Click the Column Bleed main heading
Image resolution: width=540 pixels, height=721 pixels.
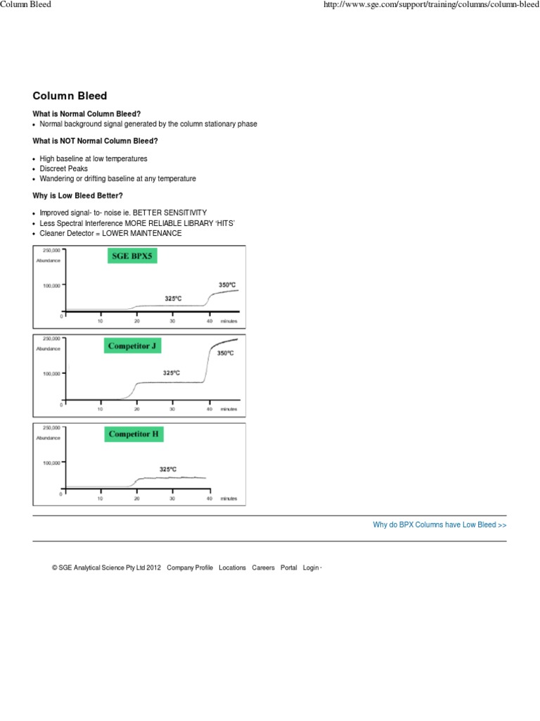pyautogui.click(x=70, y=96)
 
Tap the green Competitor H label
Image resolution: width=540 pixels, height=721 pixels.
pyautogui.click(x=134, y=435)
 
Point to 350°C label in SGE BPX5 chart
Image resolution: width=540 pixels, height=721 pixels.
pyautogui.click(x=226, y=284)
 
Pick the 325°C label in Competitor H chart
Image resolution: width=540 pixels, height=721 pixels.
pyautogui.click(x=168, y=469)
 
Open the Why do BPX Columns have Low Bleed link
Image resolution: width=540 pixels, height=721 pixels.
pyautogui.click(x=439, y=525)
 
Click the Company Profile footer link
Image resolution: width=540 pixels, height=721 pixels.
pyautogui.click(x=189, y=568)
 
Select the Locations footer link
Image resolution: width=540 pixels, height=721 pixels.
pyautogui.click(x=232, y=568)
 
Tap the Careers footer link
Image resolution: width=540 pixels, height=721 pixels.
pyautogui.click(x=263, y=568)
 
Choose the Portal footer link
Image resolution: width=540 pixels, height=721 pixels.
pyautogui.click(x=288, y=568)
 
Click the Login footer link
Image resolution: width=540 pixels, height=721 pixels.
pyautogui.click(x=310, y=568)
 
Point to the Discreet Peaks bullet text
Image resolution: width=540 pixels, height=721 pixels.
pyautogui.click(x=64, y=169)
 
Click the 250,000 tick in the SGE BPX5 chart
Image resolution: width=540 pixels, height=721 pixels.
pyautogui.click(x=51, y=250)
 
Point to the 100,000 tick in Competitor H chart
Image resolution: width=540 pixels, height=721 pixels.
pyautogui.click(x=51, y=463)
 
